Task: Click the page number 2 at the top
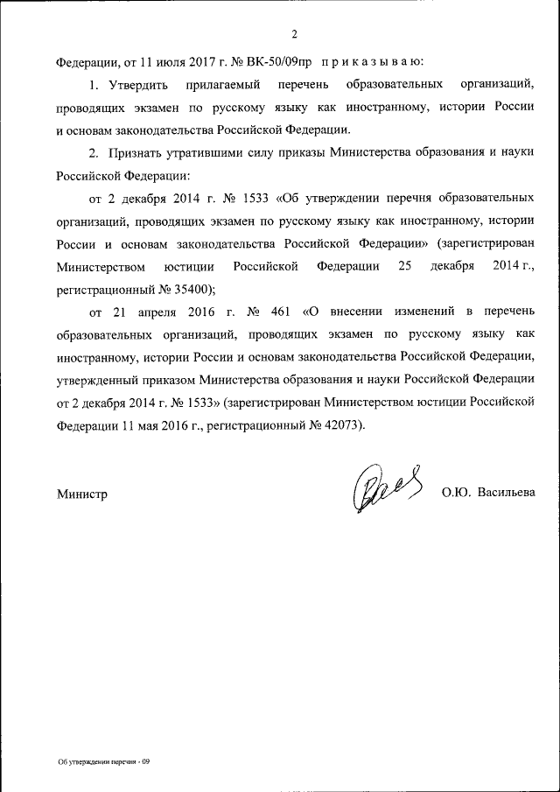click(295, 34)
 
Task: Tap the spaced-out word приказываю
click(372, 62)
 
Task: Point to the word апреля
click(145, 311)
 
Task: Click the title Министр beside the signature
click(82, 494)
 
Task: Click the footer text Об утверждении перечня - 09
click(104, 761)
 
